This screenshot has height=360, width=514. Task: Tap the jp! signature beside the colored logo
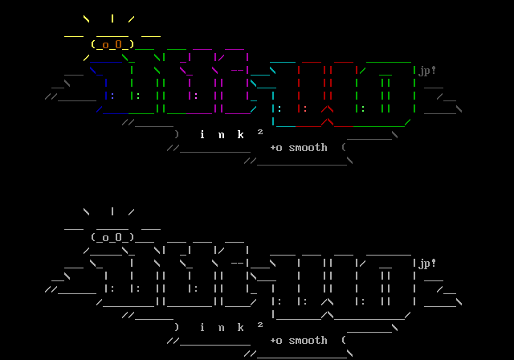pyautogui.click(x=427, y=71)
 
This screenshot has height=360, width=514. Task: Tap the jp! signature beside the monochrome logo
pyautogui.click(x=427, y=264)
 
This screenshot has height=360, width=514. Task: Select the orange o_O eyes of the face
pyautogui.click(x=112, y=45)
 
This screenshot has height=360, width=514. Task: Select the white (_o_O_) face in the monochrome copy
pyautogui.click(x=112, y=238)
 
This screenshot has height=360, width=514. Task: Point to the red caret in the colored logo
pyautogui.click(x=327, y=110)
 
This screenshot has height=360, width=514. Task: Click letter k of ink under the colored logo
pyautogui.click(x=240, y=135)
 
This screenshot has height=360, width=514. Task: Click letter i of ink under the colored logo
pyautogui.click(x=202, y=135)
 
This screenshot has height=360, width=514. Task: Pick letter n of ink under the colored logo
pyautogui.click(x=221, y=135)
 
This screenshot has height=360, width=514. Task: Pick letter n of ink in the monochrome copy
pyautogui.click(x=221, y=328)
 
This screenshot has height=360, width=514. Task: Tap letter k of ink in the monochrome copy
pyautogui.click(x=240, y=328)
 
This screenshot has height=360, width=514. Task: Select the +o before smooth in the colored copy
pyautogui.click(x=275, y=148)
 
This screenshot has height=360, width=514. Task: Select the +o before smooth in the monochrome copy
pyautogui.click(x=275, y=341)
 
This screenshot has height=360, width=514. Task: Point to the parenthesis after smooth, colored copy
pyautogui.click(x=344, y=148)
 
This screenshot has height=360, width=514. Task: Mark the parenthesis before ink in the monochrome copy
pyautogui.click(x=177, y=328)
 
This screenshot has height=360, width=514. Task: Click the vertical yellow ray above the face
pyautogui.click(x=112, y=18)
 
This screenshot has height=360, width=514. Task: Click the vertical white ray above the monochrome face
pyautogui.click(x=112, y=211)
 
